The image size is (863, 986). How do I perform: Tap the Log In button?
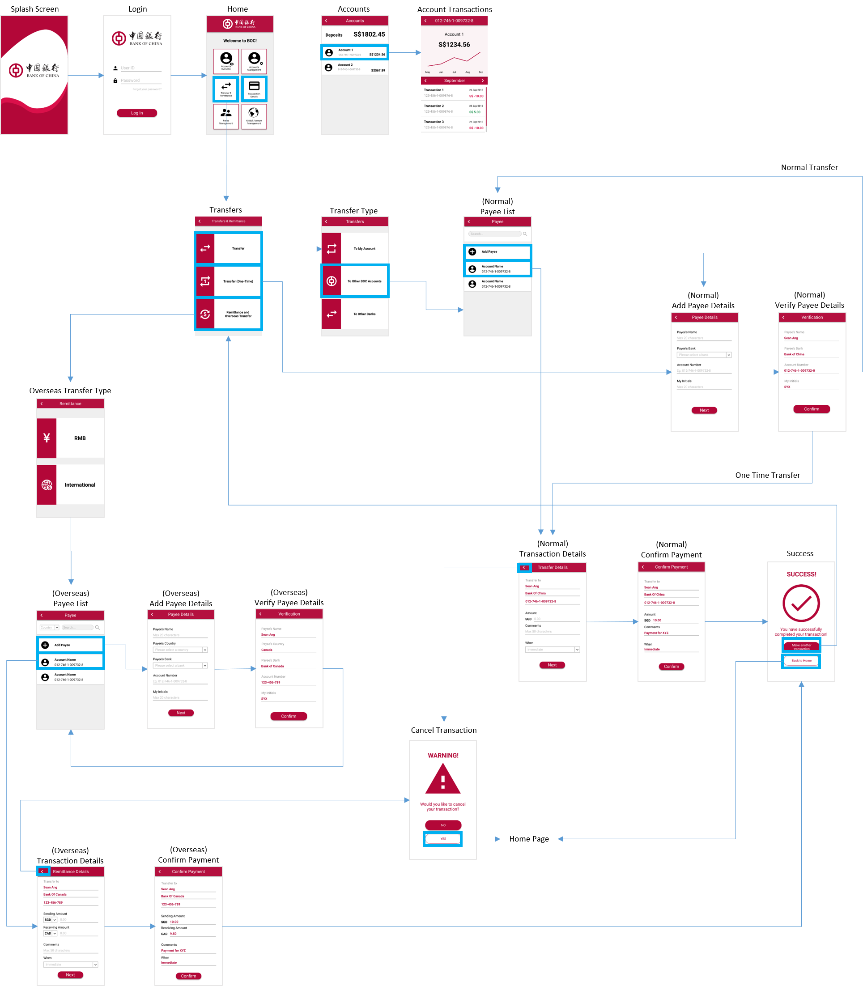137,113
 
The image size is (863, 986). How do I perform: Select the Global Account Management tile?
254,116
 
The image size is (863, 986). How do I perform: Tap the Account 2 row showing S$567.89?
355,68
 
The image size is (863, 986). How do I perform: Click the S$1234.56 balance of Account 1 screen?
454,45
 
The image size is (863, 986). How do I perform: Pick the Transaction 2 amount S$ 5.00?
475,112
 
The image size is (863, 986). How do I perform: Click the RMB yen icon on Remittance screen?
47,438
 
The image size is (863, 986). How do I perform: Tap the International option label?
80,485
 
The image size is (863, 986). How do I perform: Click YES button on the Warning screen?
442,839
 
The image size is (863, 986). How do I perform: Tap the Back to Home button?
801,661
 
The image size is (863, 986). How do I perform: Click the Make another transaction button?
801,646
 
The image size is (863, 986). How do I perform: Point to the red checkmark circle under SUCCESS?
801,603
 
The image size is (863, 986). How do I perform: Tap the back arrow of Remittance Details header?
43,871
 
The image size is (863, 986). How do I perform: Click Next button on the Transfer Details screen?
552,665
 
